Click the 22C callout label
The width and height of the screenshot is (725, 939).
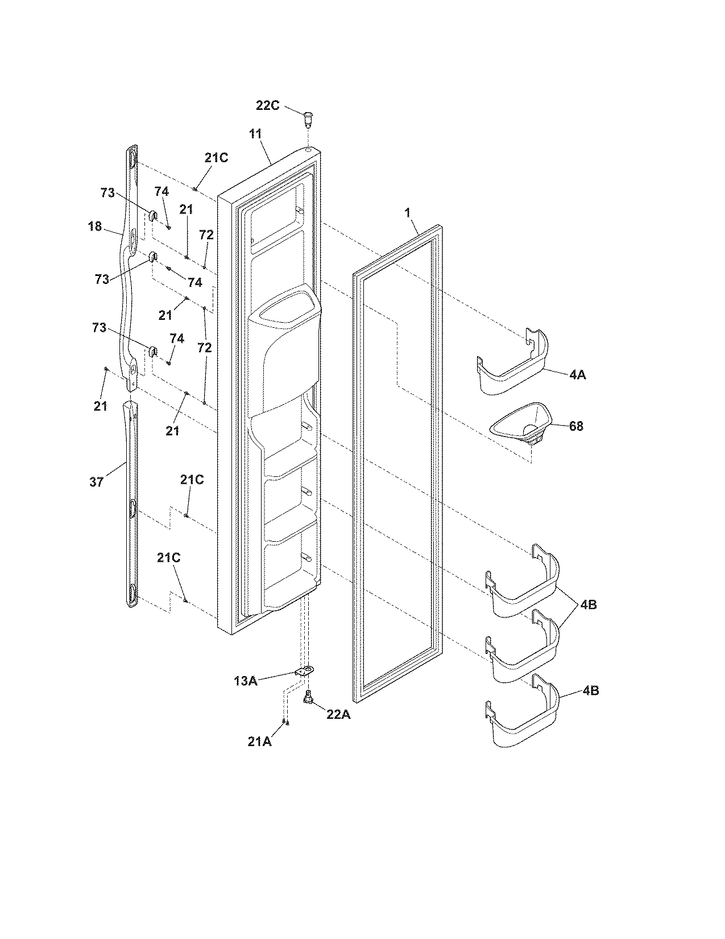point(267,106)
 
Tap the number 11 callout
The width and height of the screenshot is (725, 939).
point(255,134)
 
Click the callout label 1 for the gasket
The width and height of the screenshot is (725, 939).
point(407,212)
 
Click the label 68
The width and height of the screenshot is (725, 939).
point(575,426)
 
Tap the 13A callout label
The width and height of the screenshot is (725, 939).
point(246,680)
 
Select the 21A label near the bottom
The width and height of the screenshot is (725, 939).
point(260,742)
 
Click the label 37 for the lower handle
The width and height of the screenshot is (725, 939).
point(97,482)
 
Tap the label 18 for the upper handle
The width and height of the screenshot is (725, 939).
point(95,226)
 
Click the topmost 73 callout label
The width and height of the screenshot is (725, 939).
point(107,193)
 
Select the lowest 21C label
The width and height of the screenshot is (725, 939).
point(169,558)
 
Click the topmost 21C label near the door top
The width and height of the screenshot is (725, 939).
point(217,158)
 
